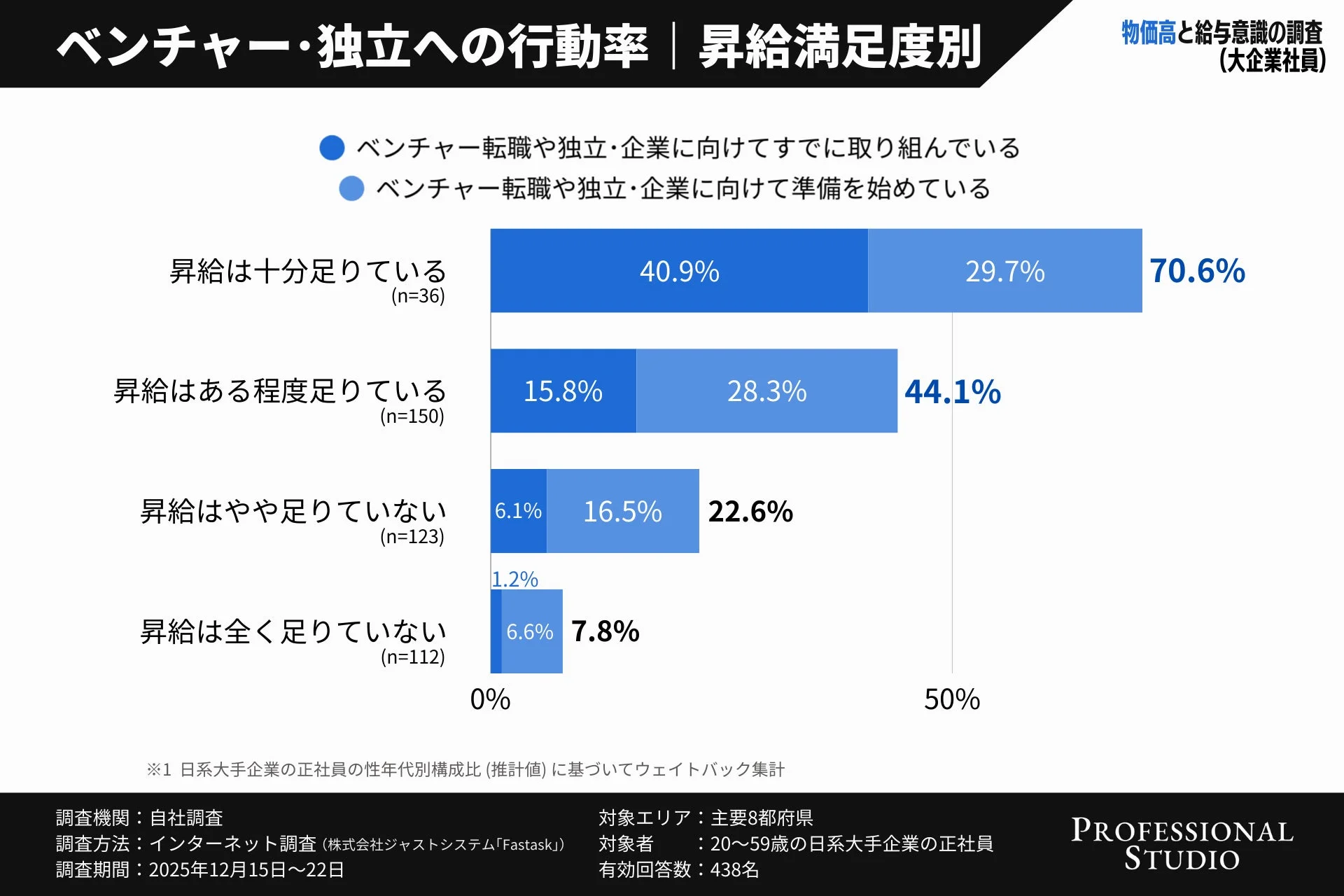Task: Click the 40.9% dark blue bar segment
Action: tap(679, 271)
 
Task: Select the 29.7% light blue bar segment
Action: tap(1004, 271)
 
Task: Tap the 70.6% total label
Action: tap(1197, 271)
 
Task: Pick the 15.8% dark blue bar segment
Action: tap(563, 391)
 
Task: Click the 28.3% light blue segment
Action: tap(766, 391)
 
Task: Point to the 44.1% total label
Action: tap(952, 391)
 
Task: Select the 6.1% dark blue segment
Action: tap(518, 511)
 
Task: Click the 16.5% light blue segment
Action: tap(622, 512)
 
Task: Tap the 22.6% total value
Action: tap(750, 512)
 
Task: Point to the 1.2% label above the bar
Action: tap(514, 579)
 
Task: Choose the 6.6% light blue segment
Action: tap(531, 631)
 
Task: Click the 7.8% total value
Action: tap(605, 631)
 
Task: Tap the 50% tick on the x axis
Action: tap(951, 699)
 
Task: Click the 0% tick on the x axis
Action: tap(490, 699)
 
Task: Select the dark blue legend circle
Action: tap(332, 148)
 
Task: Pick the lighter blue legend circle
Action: tap(351, 188)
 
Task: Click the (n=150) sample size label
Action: tap(412, 416)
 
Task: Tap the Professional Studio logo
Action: tap(1182, 844)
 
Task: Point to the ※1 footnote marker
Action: tap(159, 769)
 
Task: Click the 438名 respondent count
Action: tap(734, 869)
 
